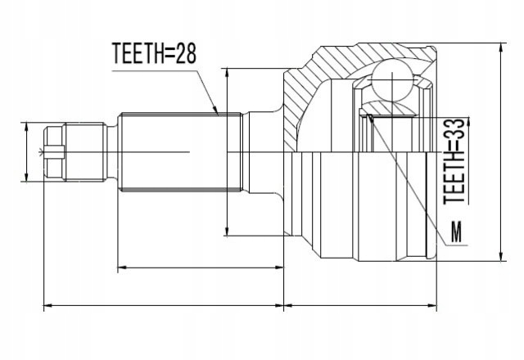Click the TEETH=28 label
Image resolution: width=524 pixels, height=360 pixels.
pyautogui.click(x=155, y=55)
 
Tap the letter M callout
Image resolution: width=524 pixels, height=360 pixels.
pyautogui.click(x=456, y=233)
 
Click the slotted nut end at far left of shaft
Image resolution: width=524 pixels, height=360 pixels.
pyautogui.click(x=55, y=151)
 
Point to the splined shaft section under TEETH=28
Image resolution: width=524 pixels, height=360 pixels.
pyautogui.click(x=176, y=151)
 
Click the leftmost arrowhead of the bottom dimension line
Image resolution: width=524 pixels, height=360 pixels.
pyautogui.click(x=44, y=306)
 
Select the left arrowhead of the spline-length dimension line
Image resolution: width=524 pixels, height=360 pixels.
pyautogui.click(x=121, y=267)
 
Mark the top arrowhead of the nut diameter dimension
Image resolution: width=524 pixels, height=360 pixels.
pyautogui.click(x=28, y=125)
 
